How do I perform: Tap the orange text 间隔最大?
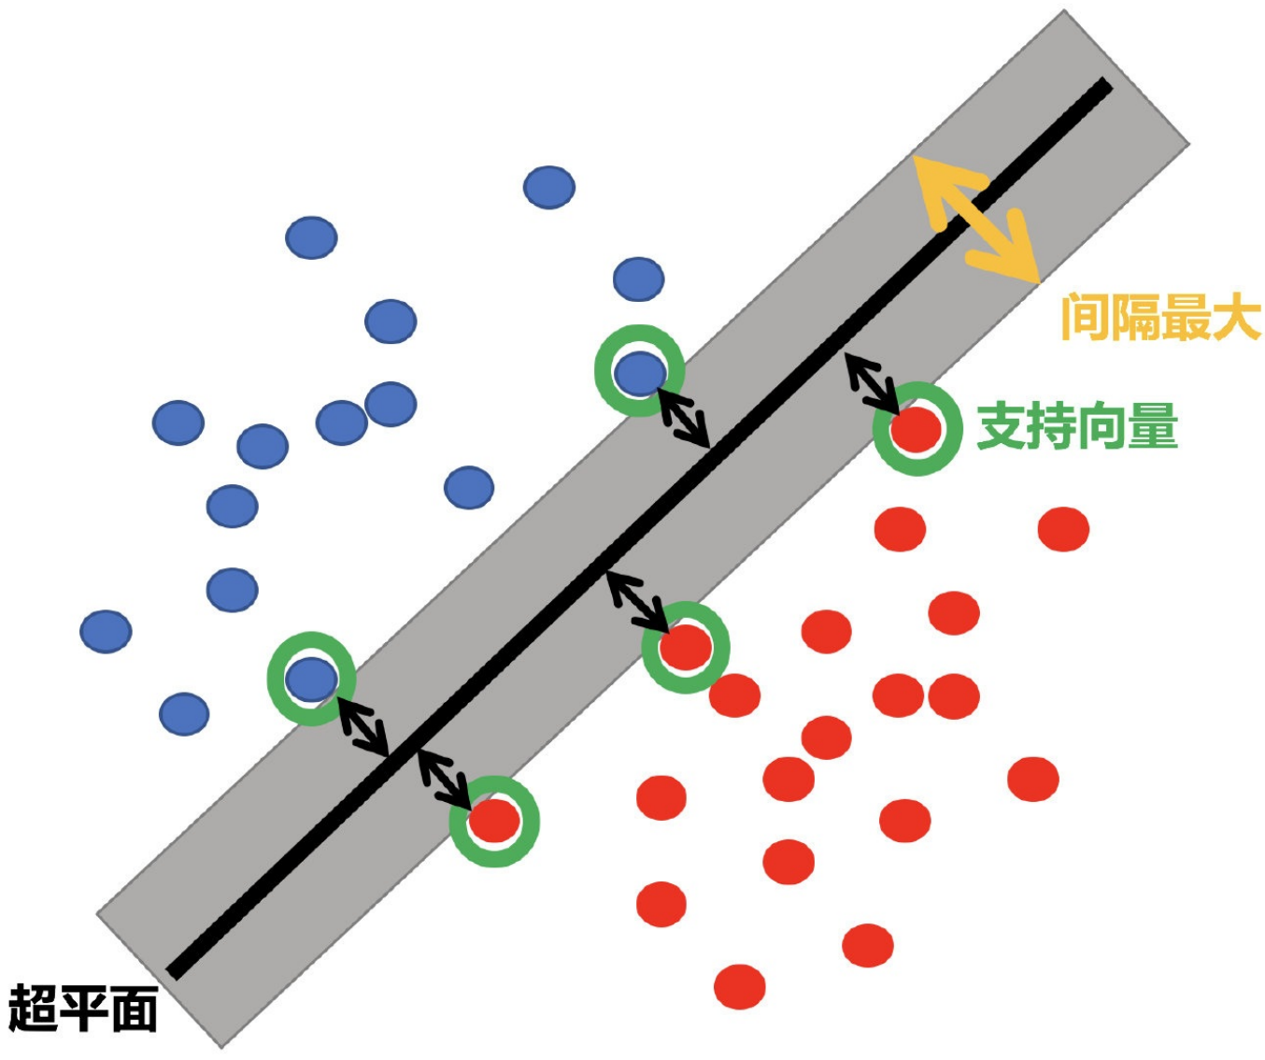[1160, 318]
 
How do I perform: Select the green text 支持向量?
[1077, 427]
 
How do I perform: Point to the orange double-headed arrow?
[975, 219]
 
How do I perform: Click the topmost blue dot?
[548, 187]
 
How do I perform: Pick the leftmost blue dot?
[106, 631]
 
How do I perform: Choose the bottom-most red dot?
[739, 987]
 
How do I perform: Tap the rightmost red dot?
[1063, 529]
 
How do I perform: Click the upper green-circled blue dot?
[639, 373]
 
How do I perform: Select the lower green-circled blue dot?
[311, 679]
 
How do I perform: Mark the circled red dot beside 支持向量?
[917, 429]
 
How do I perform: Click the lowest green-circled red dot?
[494, 821]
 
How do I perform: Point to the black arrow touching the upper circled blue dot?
[684, 416]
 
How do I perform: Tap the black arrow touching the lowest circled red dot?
[444, 778]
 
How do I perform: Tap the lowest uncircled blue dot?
[184, 714]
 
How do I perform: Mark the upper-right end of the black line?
[1106, 87]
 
